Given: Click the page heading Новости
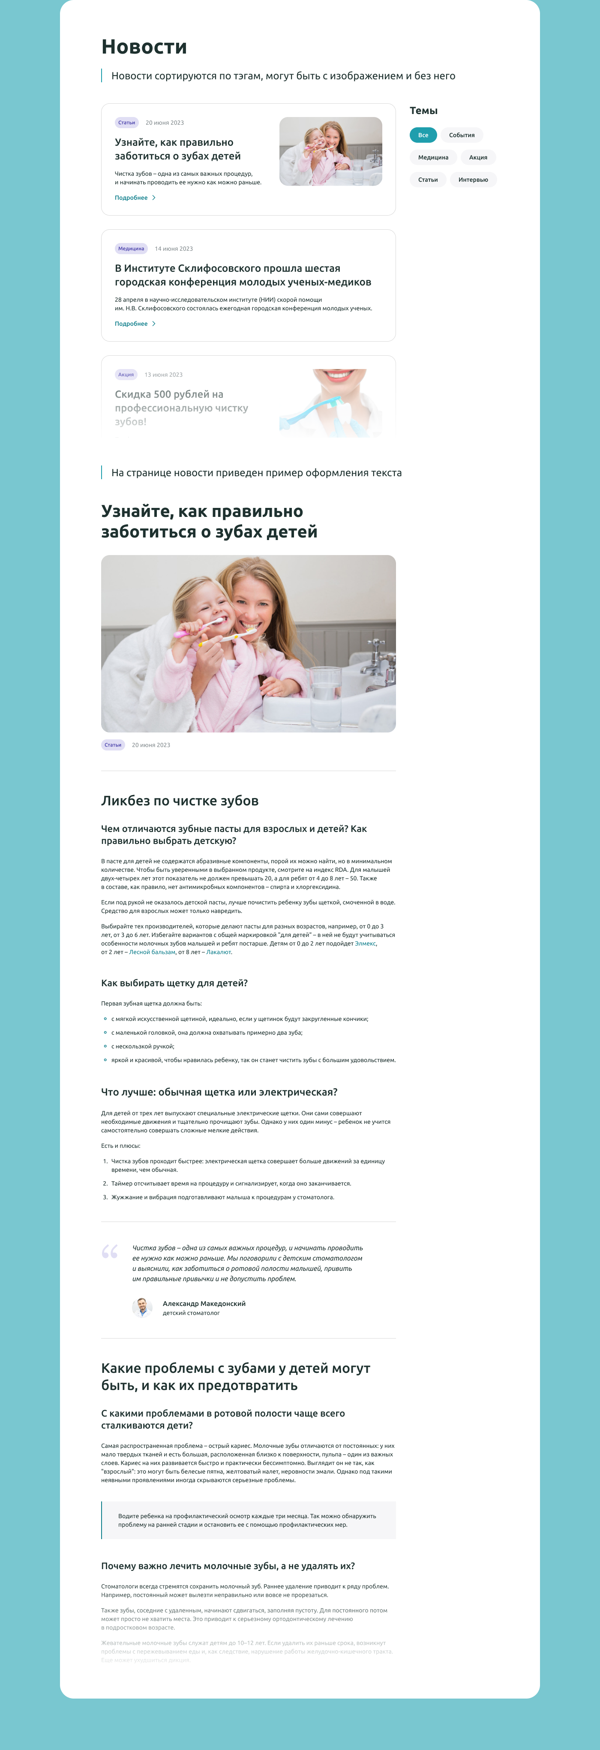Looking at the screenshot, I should [x=144, y=47].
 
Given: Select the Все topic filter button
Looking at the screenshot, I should [x=423, y=135].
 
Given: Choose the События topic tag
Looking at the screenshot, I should [x=462, y=135].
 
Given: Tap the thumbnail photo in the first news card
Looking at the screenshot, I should [x=330, y=151].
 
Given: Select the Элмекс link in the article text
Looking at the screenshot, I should [x=365, y=944].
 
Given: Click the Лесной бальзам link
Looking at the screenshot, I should [x=152, y=952].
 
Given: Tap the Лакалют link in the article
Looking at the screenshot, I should [x=218, y=952].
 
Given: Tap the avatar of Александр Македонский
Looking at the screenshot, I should [x=142, y=1308].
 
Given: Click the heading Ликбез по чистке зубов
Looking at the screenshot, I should [x=180, y=801].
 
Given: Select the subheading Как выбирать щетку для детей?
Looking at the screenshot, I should [x=174, y=983].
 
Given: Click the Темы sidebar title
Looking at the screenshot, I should [x=423, y=111].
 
